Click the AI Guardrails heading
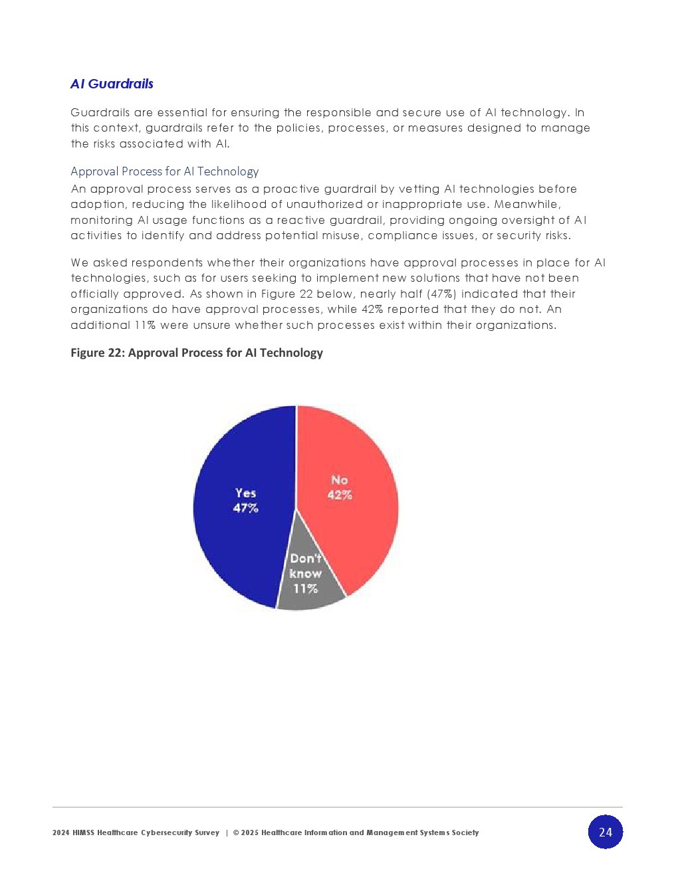[x=112, y=84]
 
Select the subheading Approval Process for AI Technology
[x=164, y=171]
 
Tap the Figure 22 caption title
[x=197, y=353]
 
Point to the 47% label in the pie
[x=245, y=508]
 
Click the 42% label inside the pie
[x=340, y=495]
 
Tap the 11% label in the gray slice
[x=305, y=589]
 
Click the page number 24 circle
[x=605, y=832]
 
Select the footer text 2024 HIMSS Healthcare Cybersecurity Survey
[x=136, y=832]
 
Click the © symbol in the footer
[x=236, y=832]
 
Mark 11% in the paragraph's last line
[x=145, y=325]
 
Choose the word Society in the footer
[x=465, y=832]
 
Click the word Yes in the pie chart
[x=245, y=493]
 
